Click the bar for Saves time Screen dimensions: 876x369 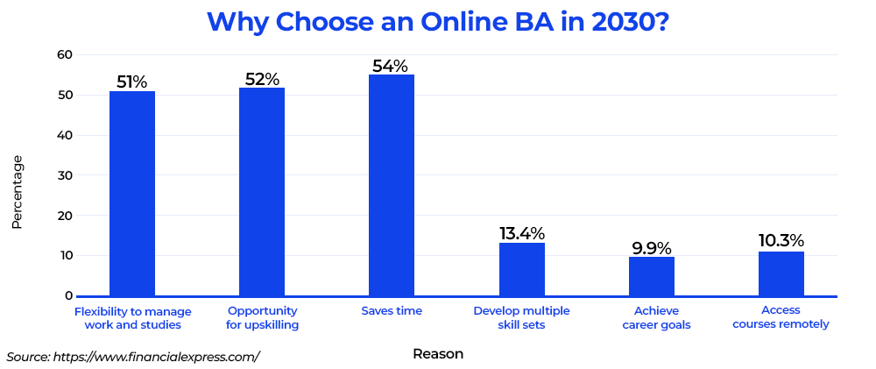point(391,185)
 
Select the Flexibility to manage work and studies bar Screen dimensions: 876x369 point(132,194)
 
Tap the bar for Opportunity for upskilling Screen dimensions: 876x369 point(261,192)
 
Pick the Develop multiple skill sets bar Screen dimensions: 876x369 point(522,269)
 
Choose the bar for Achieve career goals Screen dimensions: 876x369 point(652,276)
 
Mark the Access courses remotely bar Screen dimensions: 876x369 point(781,273)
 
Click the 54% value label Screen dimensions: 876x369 point(391,66)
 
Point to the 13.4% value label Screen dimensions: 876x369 point(522,234)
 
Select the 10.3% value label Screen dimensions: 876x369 point(781,241)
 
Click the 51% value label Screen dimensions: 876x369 point(132,82)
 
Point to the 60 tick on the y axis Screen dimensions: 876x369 point(66,55)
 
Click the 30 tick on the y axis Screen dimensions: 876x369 point(66,175)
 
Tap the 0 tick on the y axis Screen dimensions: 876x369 point(68,295)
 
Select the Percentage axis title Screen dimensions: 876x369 point(17,192)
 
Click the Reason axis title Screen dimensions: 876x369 point(438,354)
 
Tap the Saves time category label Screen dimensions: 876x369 point(392,311)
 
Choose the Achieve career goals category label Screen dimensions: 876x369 point(656,317)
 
